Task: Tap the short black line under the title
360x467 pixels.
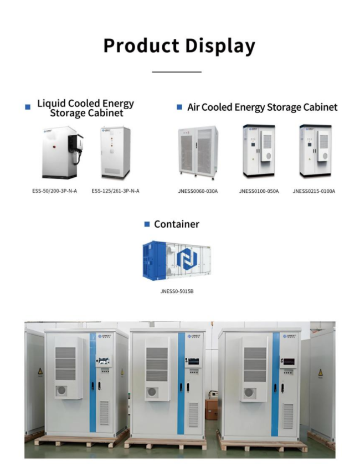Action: coord(177,72)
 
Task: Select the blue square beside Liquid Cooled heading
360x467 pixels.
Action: coord(28,107)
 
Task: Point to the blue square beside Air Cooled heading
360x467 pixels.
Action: coord(179,107)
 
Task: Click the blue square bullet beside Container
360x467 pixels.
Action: coord(147,224)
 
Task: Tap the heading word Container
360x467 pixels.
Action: coord(177,224)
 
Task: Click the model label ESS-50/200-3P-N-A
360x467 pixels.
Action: coord(54,191)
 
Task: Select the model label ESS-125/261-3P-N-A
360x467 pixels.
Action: coord(115,191)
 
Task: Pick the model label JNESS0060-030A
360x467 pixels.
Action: coord(198,191)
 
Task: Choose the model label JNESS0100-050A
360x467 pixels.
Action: coord(259,191)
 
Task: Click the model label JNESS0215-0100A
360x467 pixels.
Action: coord(314,191)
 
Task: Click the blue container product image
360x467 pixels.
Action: coord(177,259)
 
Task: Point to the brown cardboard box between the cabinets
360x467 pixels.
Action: coord(211,409)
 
